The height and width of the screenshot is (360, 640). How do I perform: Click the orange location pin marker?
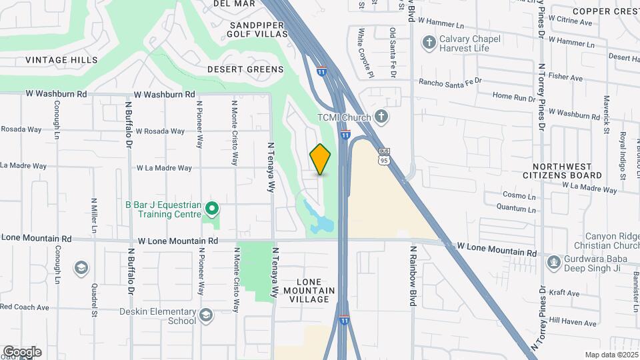coord(320,159)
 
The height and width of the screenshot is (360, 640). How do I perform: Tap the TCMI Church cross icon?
coord(381,117)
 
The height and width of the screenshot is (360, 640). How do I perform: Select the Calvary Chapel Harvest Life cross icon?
coord(428,43)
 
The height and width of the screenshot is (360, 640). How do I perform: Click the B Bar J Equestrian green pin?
coord(211,209)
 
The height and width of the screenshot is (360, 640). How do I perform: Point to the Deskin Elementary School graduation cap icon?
coord(206,314)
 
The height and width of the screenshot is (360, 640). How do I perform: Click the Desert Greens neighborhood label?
coord(236,69)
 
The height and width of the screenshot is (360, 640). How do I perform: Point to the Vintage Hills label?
coord(61,60)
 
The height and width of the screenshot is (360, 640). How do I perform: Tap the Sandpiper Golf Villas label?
coord(257,30)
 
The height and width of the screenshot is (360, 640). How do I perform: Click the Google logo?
coord(21,352)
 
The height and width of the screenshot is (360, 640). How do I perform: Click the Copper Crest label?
coord(605,11)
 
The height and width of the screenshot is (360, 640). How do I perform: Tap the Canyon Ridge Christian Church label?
coord(612,241)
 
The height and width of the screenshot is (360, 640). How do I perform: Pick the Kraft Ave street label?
coord(564,292)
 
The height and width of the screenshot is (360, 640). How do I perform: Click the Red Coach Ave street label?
coord(25,307)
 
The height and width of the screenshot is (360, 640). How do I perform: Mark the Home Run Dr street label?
coord(514,97)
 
